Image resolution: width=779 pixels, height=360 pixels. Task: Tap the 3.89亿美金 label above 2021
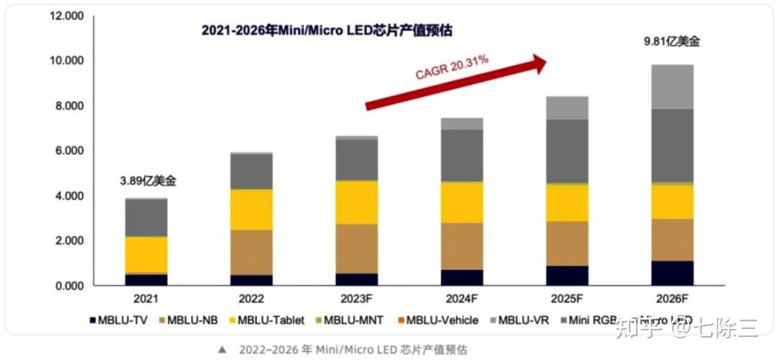146,180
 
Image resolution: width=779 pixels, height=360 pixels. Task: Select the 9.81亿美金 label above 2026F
672,42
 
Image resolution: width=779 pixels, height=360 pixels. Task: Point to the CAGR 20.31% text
452,67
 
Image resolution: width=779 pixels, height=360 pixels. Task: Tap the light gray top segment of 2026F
672,87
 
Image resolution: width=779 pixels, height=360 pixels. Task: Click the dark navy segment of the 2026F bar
672,273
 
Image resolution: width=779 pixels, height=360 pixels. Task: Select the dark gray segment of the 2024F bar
462,155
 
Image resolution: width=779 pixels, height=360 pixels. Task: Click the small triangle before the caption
222,349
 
